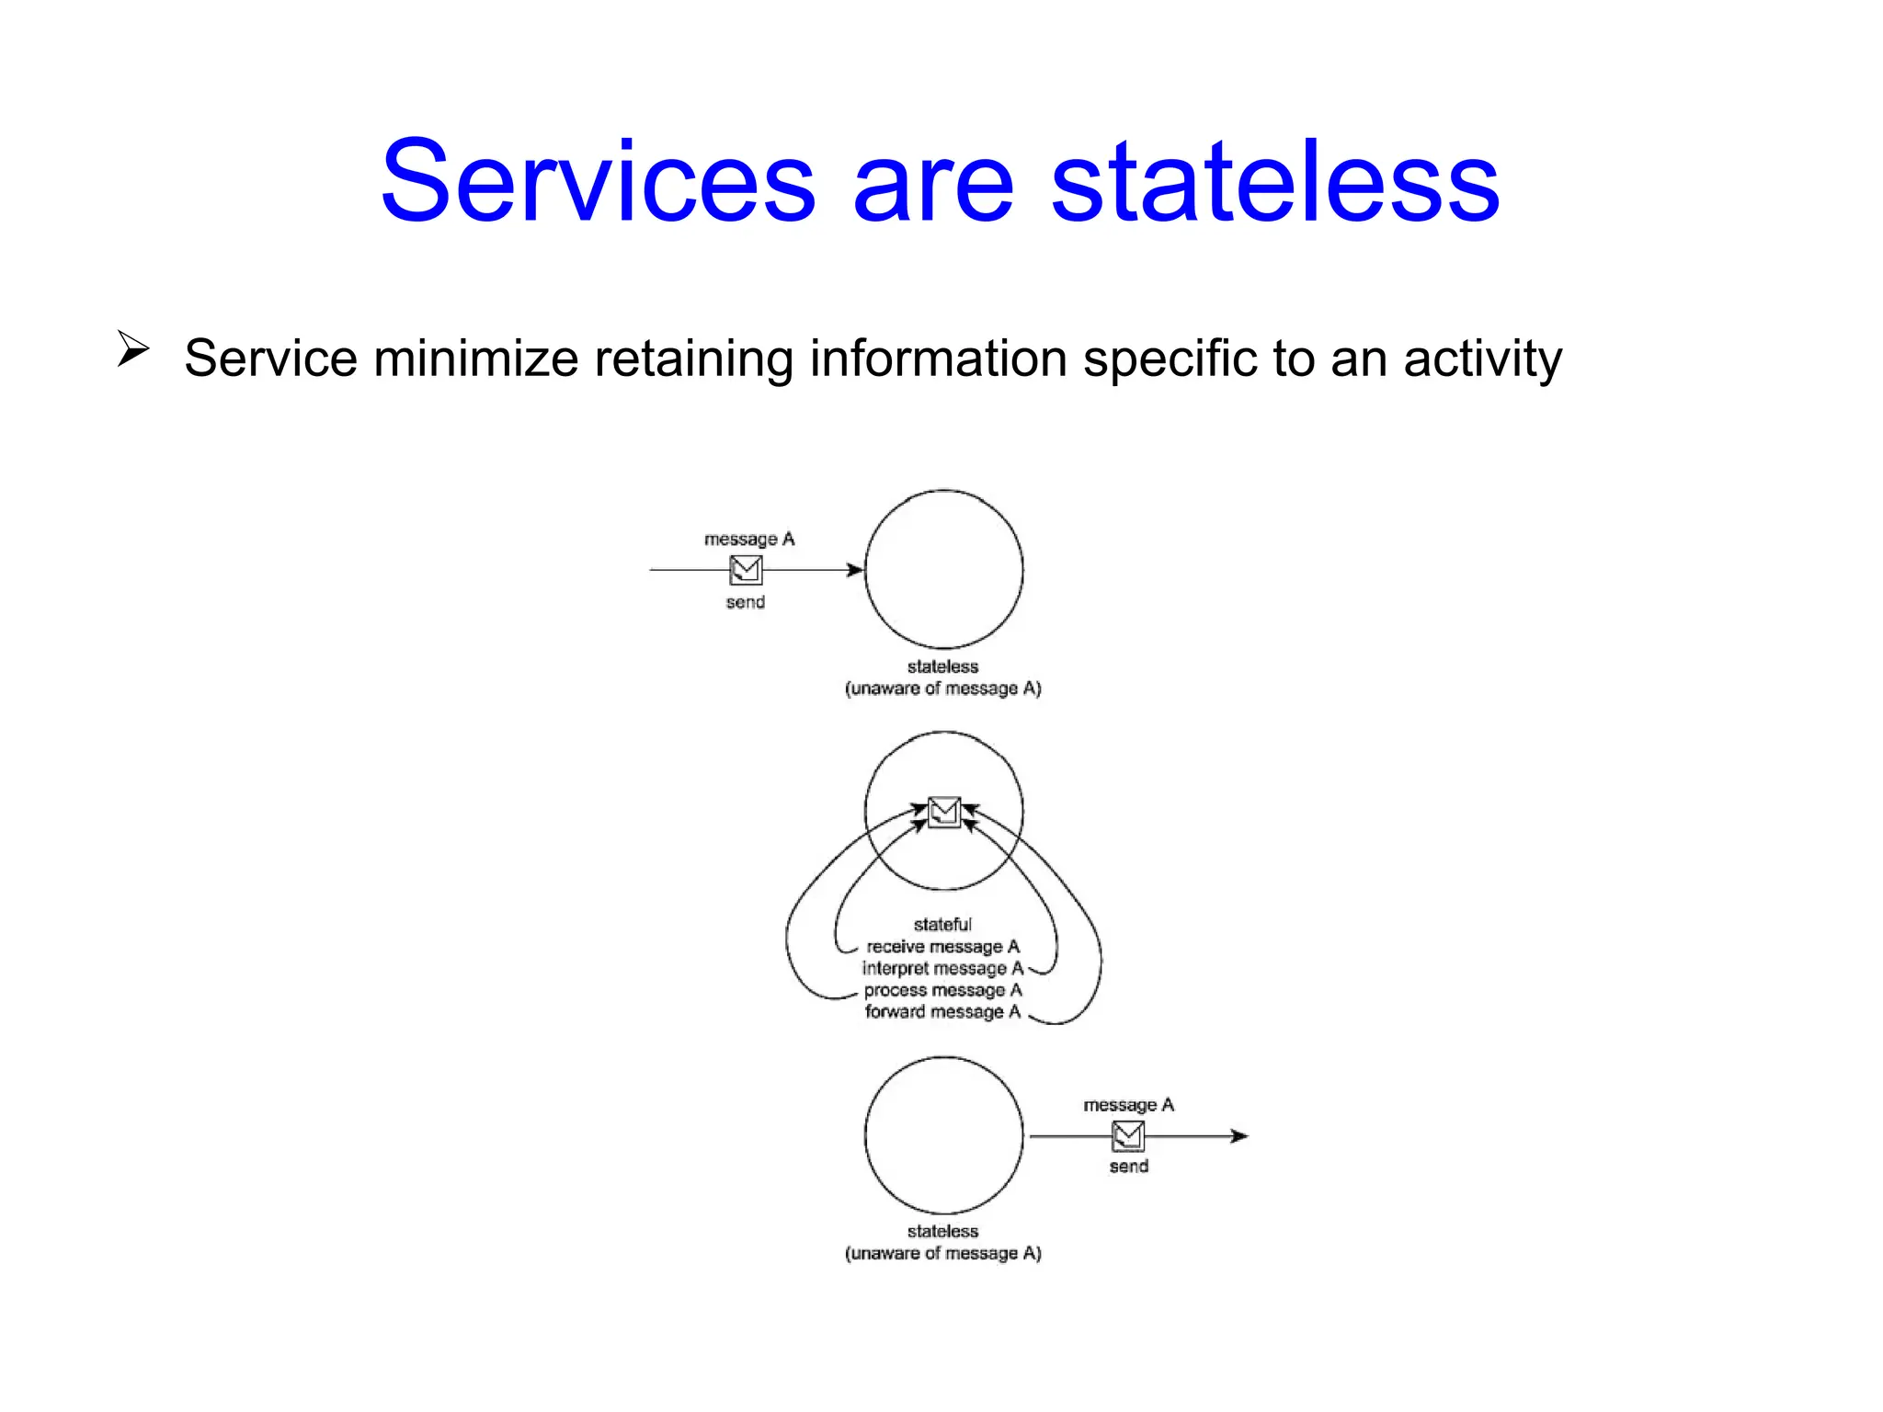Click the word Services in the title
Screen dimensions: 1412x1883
[x=598, y=182]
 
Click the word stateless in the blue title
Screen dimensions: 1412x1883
[x=1274, y=182]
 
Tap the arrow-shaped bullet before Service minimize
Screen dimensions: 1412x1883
[x=132, y=349]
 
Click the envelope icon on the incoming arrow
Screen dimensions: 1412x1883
[x=746, y=570]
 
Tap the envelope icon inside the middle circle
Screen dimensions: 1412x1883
[x=943, y=812]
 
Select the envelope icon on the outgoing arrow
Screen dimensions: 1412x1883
[x=1128, y=1136]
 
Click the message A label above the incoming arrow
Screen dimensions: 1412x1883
[x=749, y=539]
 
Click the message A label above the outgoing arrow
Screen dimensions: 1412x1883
[x=1128, y=1105]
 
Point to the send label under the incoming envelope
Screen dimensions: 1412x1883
[x=745, y=602]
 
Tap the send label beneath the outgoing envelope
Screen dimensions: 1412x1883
[x=1128, y=1167]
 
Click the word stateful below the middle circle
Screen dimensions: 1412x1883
[x=942, y=924]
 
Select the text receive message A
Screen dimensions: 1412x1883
[x=942, y=946]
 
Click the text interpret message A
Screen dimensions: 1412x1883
[x=942, y=968]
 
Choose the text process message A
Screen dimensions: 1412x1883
[x=942, y=990]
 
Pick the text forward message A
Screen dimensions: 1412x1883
[x=942, y=1012]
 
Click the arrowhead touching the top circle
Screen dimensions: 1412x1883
[x=855, y=570]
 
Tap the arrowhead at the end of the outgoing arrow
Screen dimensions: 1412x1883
[x=1239, y=1136]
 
